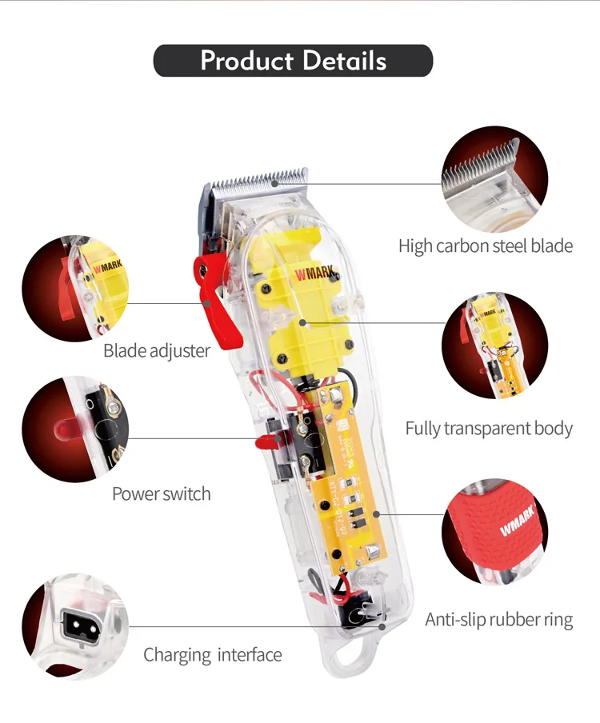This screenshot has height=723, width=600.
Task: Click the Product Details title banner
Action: coord(293,61)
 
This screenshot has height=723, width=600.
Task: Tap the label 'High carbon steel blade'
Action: coord(486,246)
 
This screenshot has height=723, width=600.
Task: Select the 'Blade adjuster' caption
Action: coord(157,350)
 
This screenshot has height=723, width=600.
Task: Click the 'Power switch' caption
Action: coord(162,493)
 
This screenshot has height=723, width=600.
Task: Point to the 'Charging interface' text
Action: coord(213,655)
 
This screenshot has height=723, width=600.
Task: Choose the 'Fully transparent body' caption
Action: coord(489,428)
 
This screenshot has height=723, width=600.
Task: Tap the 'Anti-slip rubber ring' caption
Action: coord(498,619)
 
